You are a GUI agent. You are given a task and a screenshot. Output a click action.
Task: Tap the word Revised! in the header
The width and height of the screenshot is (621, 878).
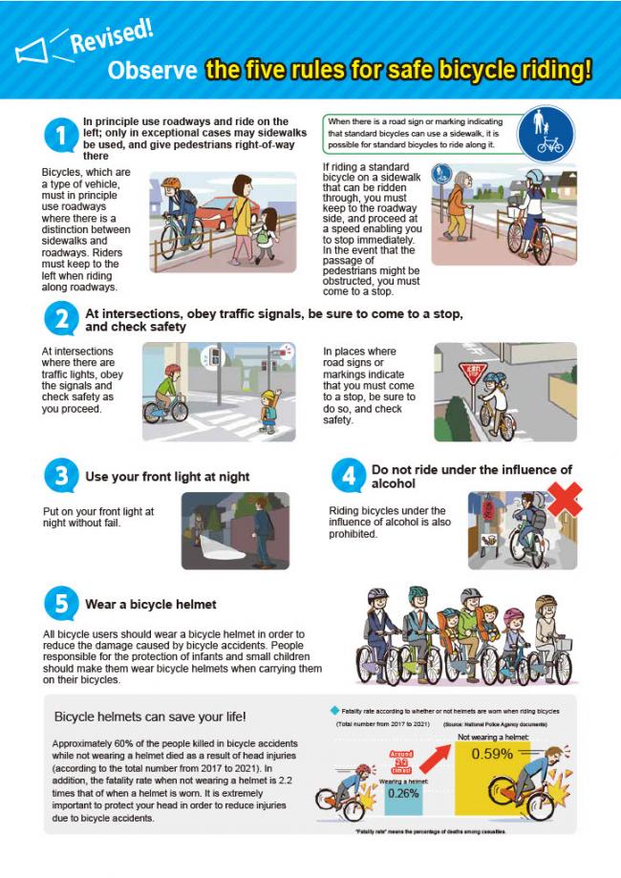pyautogui.click(x=113, y=37)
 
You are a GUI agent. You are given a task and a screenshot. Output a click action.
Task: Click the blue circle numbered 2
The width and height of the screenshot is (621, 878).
pyautogui.click(x=59, y=319)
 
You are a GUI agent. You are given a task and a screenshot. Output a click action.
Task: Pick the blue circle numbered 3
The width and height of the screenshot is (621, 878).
pyautogui.click(x=59, y=475)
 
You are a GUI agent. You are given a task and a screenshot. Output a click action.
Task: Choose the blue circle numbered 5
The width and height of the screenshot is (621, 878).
pyautogui.click(x=59, y=604)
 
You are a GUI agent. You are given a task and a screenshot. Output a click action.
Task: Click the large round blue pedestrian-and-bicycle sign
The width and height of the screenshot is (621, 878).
pyautogui.click(x=549, y=135)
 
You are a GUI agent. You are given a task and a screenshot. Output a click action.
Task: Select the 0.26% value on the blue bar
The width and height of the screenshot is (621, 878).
pyautogui.click(x=403, y=792)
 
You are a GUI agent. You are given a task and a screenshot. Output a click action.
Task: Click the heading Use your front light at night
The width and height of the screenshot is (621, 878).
pyautogui.click(x=167, y=476)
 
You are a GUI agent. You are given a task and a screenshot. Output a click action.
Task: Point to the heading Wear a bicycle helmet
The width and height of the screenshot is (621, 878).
pyautogui.click(x=150, y=604)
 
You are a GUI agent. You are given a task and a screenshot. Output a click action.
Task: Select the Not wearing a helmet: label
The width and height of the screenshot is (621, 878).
pyautogui.click(x=491, y=737)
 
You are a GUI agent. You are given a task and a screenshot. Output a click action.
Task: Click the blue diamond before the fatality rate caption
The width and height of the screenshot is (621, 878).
pyautogui.click(x=333, y=710)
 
